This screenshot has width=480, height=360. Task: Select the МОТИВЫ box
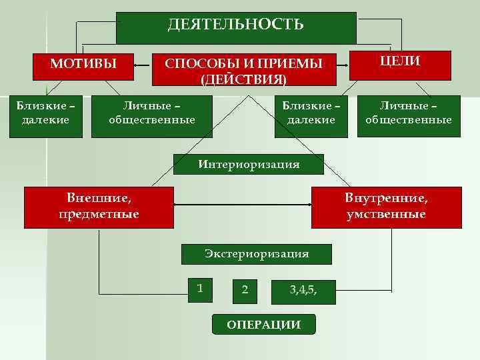point(84,64)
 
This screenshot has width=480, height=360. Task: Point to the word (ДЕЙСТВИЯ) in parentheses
point(243,79)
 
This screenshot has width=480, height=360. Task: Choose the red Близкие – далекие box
point(46,113)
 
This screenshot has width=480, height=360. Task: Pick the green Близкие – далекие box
point(311,113)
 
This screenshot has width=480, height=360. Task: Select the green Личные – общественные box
point(152,113)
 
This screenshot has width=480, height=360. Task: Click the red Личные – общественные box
point(409,113)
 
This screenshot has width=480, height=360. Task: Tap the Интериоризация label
point(248,164)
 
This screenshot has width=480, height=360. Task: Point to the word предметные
point(99,215)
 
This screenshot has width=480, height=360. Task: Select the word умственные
point(386,215)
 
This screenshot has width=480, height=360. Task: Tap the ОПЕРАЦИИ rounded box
point(263,325)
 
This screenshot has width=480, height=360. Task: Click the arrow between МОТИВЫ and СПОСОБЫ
point(143,65)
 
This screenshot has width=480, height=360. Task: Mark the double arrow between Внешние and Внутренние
point(243,205)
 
